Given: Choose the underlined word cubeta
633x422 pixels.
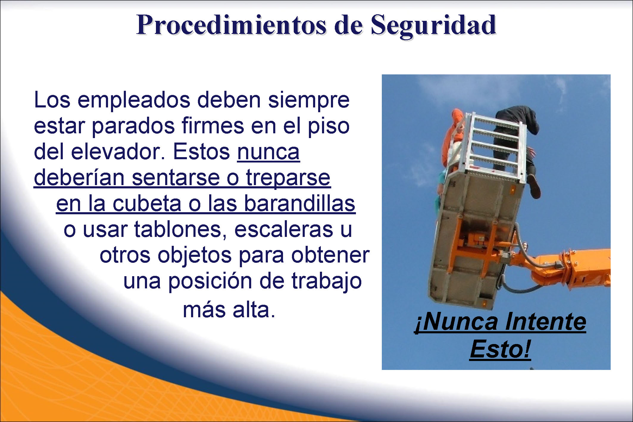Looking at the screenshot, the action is (147, 204).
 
